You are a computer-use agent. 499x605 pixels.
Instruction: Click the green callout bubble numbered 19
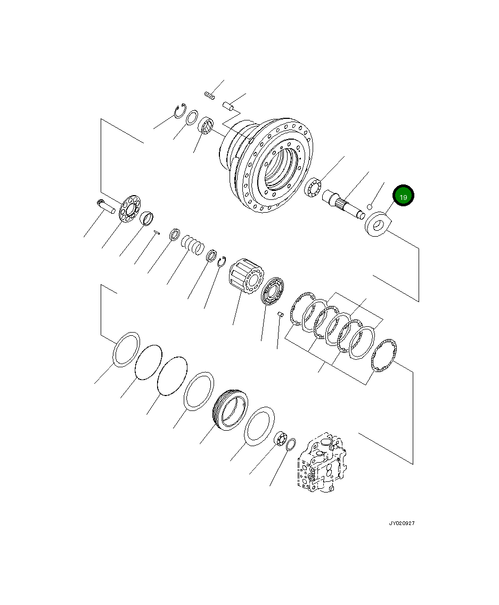pyautogui.click(x=403, y=197)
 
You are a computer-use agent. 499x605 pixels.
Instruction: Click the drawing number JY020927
pyautogui.click(x=401, y=523)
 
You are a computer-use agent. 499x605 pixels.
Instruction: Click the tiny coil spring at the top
pyautogui.click(x=209, y=95)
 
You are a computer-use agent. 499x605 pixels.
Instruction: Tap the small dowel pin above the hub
pyautogui.click(x=229, y=106)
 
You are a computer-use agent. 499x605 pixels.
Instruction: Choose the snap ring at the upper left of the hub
pyautogui.click(x=179, y=111)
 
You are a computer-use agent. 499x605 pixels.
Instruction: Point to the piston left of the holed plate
pyautogui.click(x=106, y=205)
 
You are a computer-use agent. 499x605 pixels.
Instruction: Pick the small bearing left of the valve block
pyautogui.click(x=281, y=439)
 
